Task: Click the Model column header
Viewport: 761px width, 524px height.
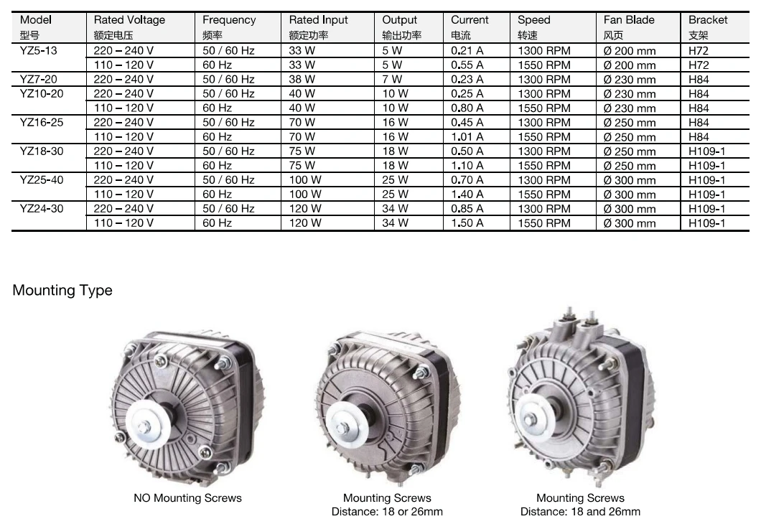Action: [35, 27]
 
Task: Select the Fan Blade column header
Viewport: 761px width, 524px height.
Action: [628, 27]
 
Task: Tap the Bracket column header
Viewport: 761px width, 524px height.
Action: [708, 27]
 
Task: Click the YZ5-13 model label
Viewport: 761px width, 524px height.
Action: [38, 50]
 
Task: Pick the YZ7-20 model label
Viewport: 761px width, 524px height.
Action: [38, 79]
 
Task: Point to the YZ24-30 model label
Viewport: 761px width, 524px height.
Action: [42, 209]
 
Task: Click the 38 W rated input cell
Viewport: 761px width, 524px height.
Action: [302, 79]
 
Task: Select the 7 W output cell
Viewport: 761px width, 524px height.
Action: [392, 79]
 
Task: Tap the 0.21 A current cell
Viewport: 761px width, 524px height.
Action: [467, 50]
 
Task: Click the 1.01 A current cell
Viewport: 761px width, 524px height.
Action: [467, 137]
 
